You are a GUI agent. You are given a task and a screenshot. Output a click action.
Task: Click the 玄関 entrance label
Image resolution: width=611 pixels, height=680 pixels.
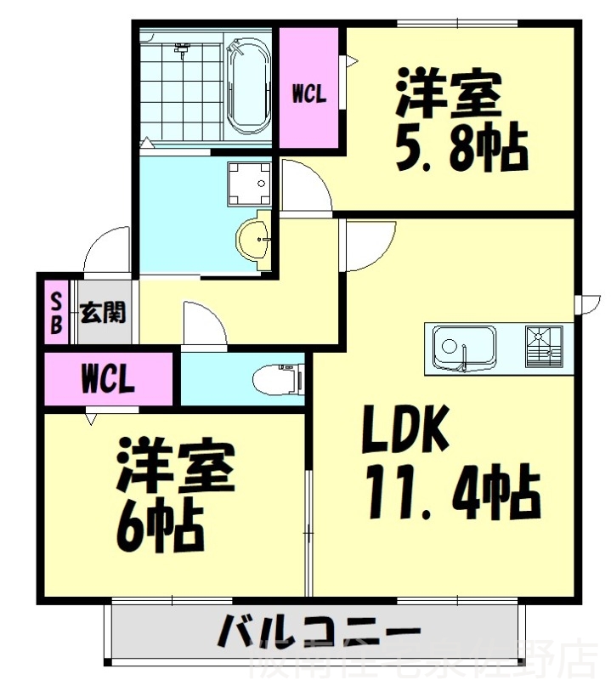click(x=103, y=314)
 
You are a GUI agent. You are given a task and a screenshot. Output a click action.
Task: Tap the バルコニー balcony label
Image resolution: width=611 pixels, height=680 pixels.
click(x=319, y=633)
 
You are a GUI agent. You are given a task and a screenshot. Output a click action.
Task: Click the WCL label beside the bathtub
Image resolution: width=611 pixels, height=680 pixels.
click(x=309, y=95)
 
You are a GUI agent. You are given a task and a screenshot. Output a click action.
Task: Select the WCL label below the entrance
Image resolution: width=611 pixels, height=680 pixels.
click(x=108, y=380)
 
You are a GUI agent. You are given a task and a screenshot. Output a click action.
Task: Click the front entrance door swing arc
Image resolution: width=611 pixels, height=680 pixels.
click(x=106, y=250)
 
